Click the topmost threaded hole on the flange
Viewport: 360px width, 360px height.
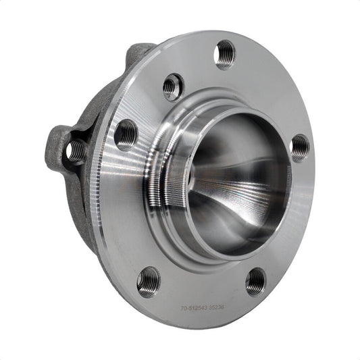[x=225, y=54]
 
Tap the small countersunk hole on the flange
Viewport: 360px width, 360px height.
[x=173, y=86]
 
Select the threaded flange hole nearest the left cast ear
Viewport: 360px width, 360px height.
[x=126, y=134]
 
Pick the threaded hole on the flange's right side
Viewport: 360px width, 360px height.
[x=299, y=147]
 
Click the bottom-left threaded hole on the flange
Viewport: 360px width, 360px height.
[x=148, y=281]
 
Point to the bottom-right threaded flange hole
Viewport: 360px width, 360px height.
[x=256, y=281]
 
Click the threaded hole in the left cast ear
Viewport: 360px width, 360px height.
[x=76, y=151]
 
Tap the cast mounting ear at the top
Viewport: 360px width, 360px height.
[x=140, y=54]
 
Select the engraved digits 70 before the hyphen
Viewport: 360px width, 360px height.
[x=184, y=309]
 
